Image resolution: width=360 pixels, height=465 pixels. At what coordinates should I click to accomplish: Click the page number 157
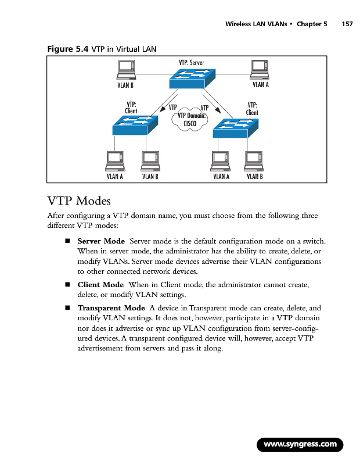point(347,24)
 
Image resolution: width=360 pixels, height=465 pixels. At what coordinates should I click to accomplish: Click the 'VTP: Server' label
point(191,62)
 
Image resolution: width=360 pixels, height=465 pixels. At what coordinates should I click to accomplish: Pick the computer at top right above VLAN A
point(258,70)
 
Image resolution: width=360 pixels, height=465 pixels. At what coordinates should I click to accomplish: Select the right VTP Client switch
point(235,127)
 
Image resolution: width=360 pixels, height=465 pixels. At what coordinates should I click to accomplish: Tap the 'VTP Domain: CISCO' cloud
point(189,119)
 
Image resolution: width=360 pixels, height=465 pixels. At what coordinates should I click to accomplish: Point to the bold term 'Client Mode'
point(100,285)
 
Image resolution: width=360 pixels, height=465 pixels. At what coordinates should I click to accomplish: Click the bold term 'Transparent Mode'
point(111,307)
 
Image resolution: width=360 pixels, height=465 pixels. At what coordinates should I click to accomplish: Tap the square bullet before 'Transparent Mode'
point(67,307)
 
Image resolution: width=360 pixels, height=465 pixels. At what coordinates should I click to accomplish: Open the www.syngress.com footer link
point(300,445)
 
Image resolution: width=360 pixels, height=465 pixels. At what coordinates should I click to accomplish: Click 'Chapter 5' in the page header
point(312,24)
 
